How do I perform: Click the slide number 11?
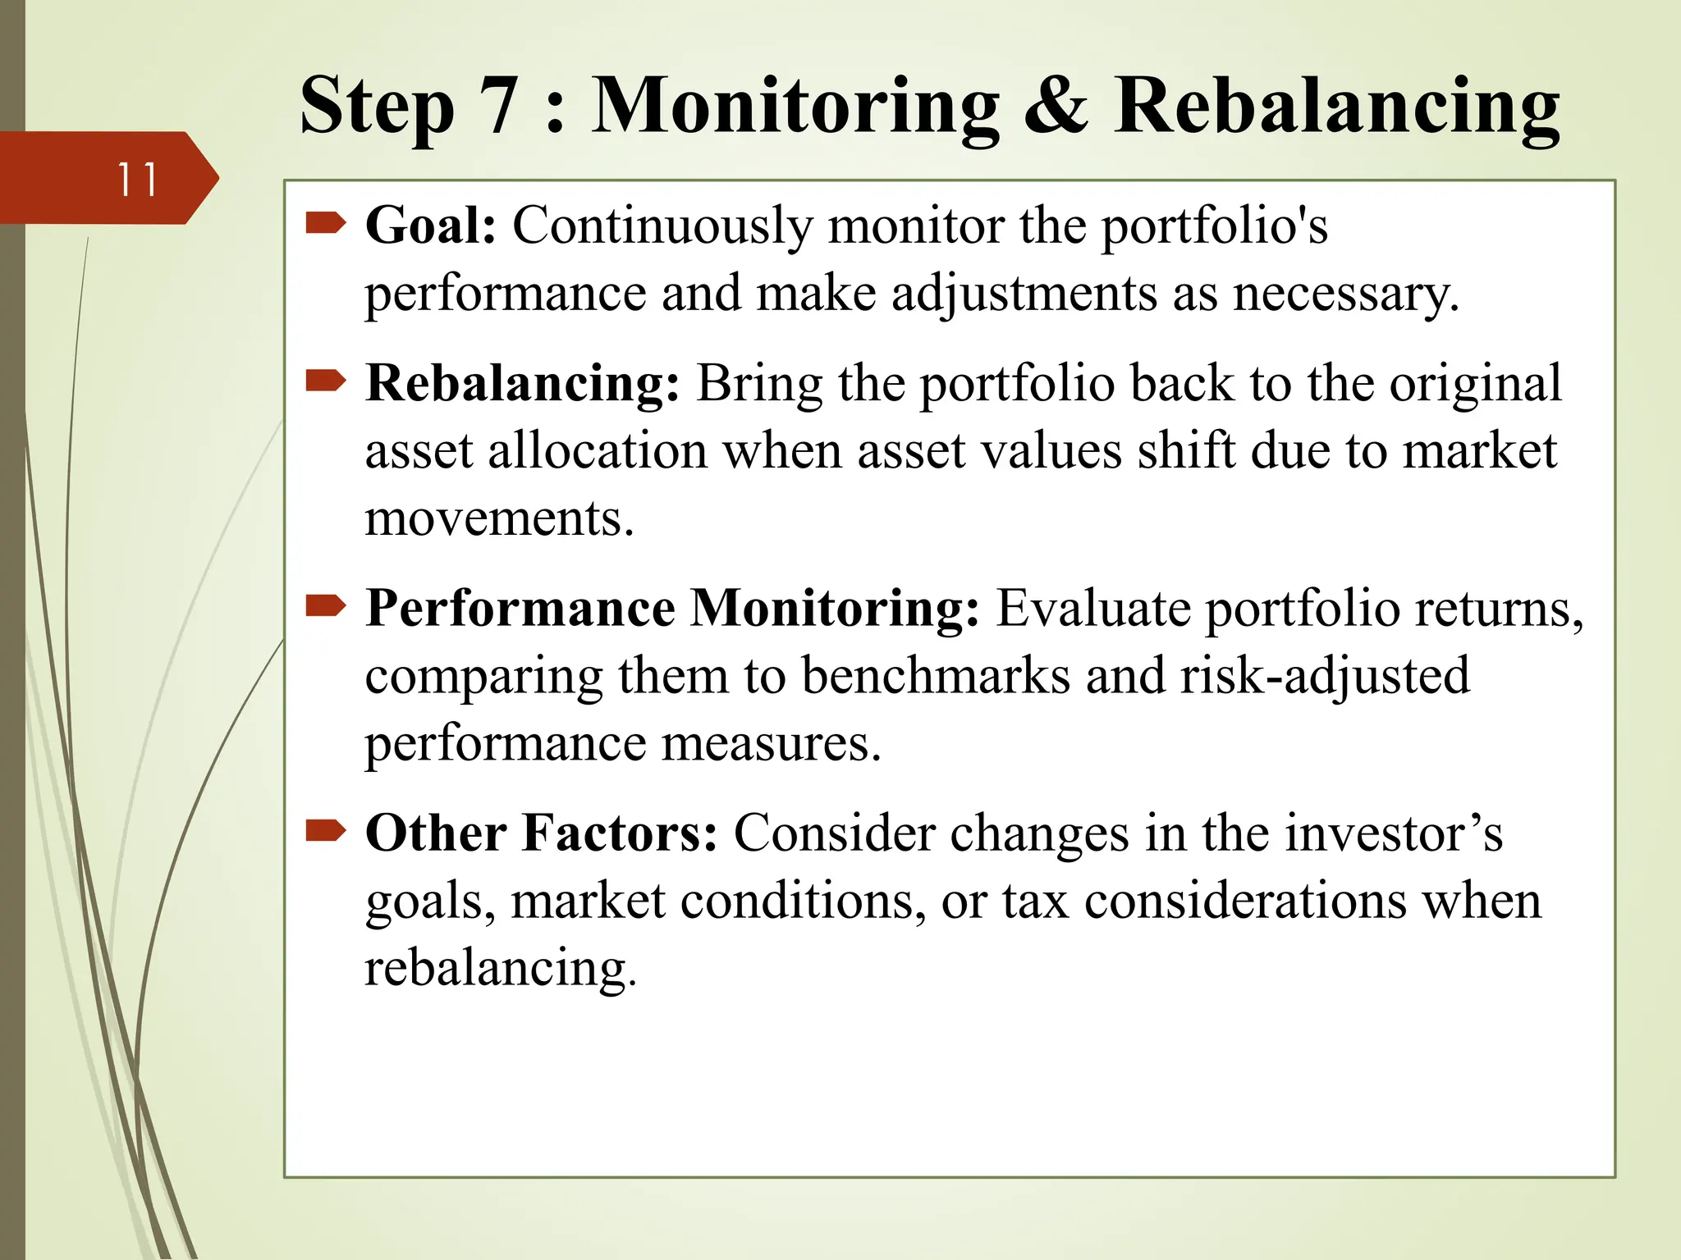tap(137, 180)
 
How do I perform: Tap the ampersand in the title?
tap(1056, 107)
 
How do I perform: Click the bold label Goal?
tap(431, 225)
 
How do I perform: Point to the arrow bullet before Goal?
tap(326, 222)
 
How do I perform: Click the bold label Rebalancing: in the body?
tap(522, 384)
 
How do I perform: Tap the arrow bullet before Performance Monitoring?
tap(326, 606)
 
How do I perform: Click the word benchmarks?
tap(936, 676)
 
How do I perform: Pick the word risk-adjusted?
tap(1324, 678)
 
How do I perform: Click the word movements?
tap(498, 518)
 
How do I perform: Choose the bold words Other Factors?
tap(541, 833)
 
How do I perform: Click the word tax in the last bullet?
tap(1035, 901)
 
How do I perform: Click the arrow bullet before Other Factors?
tap(326, 831)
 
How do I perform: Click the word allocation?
tap(597, 451)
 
